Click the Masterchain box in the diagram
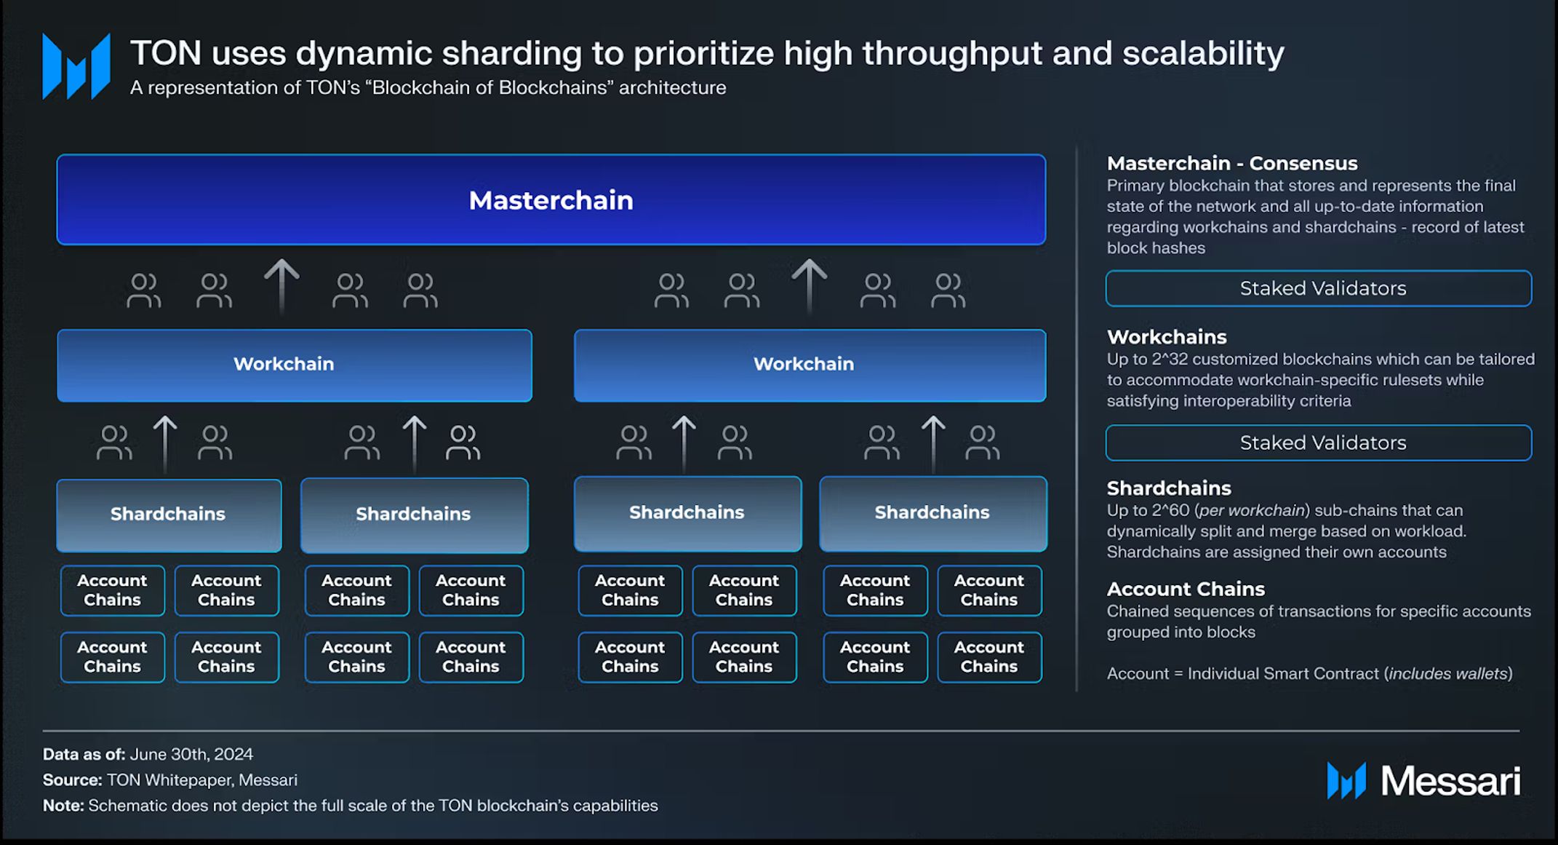(551, 199)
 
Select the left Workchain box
(295, 365)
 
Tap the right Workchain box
(810, 365)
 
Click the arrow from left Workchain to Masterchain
(281, 286)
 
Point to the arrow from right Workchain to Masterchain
(809, 286)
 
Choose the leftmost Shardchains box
(169, 515)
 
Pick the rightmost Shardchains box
(933, 514)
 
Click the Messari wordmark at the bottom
(1450, 781)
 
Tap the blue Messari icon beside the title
(76, 66)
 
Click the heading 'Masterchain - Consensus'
(1232, 163)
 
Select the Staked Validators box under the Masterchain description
(1319, 288)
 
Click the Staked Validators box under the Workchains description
(1319, 443)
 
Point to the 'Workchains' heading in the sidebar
(1167, 337)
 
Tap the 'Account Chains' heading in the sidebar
(1186, 589)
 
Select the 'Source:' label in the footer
(72, 780)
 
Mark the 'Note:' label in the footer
(63, 806)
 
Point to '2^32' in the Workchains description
(1170, 359)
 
